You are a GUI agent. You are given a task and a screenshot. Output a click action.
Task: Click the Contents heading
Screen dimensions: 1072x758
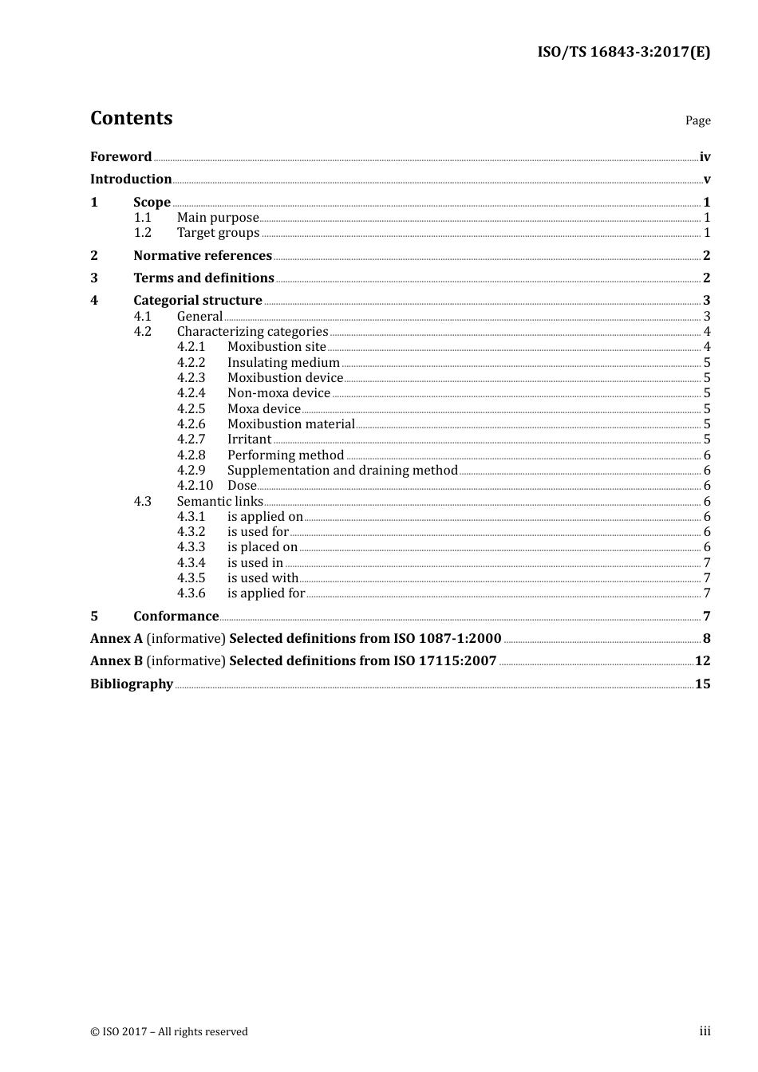pyautogui.click(x=131, y=118)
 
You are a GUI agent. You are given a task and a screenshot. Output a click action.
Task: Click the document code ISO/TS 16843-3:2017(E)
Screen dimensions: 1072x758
pyautogui.click(x=623, y=53)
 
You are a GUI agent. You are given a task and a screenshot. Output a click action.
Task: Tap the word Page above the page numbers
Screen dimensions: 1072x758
pyautogui.click(x=697, y=120)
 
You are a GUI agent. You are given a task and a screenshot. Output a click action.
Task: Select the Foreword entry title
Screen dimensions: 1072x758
pyautogui.click(x=120, y=157)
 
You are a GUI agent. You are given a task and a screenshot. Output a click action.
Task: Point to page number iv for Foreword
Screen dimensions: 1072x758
pyautogui.click(x=705, y=157)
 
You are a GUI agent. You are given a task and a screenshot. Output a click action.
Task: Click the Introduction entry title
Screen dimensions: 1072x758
pyautogui.click(x=131, y=179)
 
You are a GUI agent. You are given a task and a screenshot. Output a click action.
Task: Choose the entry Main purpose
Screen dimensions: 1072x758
pyautogui.click(x=218, y=218)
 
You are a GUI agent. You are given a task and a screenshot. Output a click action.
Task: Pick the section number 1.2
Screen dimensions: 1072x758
pyautogui.click(x=142, y=233)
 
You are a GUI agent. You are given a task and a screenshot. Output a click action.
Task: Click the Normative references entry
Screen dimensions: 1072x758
pyautogui.click(x=203, y=256)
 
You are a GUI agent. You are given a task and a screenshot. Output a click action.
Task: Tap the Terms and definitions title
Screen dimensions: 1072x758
pyautogui.click(x=203, y=278)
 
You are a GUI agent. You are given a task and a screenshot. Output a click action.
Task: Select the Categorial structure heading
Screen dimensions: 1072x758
pyautogui.click(x=198, y=301)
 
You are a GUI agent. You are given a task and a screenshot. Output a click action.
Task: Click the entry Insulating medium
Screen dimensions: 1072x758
pyautogui.click(x=283, y=363)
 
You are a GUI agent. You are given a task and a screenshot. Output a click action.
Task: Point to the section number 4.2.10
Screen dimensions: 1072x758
pyautogui.click(x=195, y=486)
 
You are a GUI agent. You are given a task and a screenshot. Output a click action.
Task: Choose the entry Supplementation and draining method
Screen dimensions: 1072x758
pyautogui.click(x=342, y=471)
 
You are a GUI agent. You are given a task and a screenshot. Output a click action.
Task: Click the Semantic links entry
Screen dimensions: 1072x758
pyautogui.click(x=219, y=502)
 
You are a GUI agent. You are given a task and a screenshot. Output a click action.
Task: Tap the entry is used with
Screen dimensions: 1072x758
pyautogui.click(x=263, y=578)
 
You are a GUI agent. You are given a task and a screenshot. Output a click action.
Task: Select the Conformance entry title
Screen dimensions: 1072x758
pyautogui.click(x=176, y=617)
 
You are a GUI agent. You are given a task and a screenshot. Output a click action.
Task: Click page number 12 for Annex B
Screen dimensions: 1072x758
pyautogui.click(x=702, y=661)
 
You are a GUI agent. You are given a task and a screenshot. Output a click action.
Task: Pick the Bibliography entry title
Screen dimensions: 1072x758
pyautogui.click(x=132, y=684)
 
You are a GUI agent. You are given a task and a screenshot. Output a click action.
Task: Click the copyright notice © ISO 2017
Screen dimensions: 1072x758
pyautogui.click(x=169, y=1032)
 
